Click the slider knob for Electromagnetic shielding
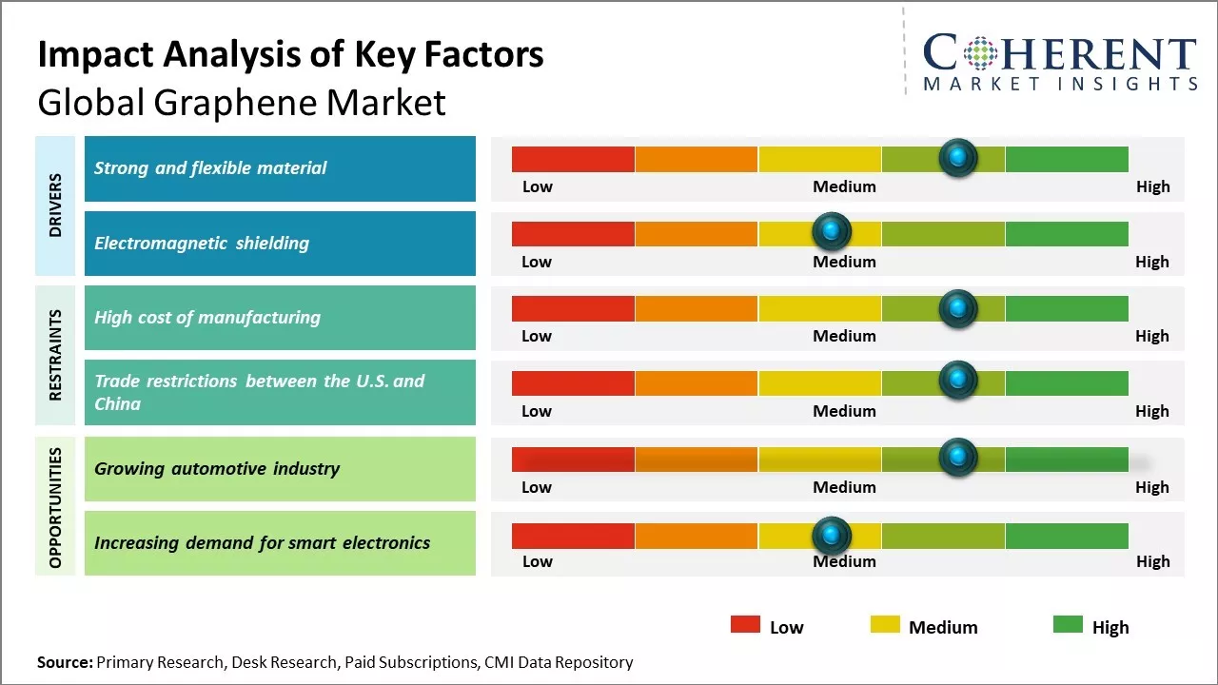coord(832,231)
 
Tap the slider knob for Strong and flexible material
coord(957,157)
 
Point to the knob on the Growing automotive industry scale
coord(957,458)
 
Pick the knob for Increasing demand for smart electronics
coord(832,535)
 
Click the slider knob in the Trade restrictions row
coord(957,381)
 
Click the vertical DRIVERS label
coord(55,205)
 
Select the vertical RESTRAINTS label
coord(55,355)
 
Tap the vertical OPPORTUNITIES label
coord(55,507)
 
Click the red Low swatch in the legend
coord(745,625)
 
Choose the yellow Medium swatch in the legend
coord(885,625)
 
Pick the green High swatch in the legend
coord(1068,625)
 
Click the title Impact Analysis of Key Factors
coord(290,55)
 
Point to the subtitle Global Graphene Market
coord(242,102)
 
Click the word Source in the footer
coord(65,662)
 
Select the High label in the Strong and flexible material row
coord(1152,186)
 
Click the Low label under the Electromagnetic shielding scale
coord(537,262)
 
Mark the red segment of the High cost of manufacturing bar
coord(573,308)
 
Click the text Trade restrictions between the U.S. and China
coord(259,392)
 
